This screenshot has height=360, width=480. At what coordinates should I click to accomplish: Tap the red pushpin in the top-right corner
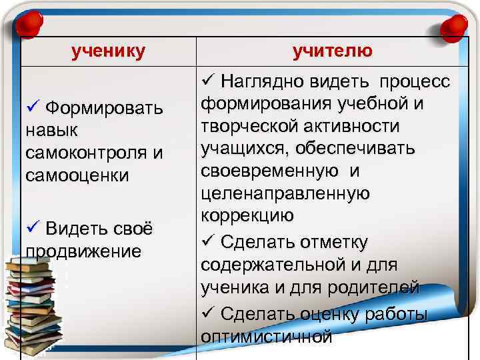[453, 25]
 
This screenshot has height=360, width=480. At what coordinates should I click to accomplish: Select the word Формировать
[105, 108]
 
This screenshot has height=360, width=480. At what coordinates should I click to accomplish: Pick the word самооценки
[78, 175]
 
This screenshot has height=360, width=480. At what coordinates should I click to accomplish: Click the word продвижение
[83, 251]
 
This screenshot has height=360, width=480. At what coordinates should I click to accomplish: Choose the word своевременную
[268, 171]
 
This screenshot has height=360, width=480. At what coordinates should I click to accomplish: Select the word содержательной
[271, 265]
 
